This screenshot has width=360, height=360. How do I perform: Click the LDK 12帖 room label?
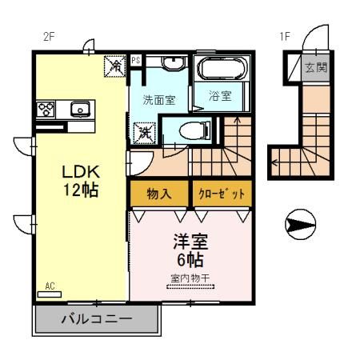coord(81,181)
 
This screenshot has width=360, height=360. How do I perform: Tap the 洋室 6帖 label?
coord(190,250)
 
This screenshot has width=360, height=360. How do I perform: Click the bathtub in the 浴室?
coord(222,68)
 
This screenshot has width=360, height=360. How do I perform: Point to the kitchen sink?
coord(80,110)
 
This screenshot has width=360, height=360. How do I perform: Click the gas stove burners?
coord(46,110)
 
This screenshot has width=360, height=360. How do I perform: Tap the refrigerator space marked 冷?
coord(114,66)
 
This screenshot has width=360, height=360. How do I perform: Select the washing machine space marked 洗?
coord(145,133)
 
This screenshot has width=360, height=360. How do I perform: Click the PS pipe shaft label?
coord(136,60)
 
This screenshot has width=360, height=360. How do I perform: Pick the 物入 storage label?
coord(159,194)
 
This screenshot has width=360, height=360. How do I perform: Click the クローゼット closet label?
coord(222,194)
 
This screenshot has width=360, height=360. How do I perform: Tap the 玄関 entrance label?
coord(316,67)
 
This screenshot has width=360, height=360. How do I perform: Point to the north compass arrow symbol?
coord(300,224)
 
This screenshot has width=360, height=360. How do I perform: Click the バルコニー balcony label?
coord(97,319)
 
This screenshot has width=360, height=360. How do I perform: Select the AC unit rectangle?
coord(50,294)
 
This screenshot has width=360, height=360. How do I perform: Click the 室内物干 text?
coord(190,278)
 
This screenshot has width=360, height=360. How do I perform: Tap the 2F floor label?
coord(49,37)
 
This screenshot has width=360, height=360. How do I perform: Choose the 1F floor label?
coord(285,37)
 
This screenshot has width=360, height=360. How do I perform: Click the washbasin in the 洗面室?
coord(174,63)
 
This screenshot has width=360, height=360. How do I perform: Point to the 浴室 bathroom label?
coord(220,96)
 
